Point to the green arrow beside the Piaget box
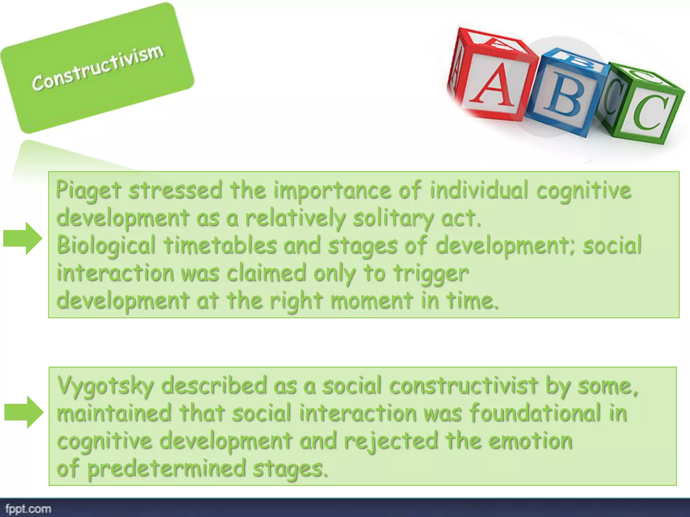tap(23, 238)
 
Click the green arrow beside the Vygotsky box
tap(24, 412)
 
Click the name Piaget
tap(88, 190)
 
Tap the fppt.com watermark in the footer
tap(28, 509)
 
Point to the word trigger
tap(431, 273)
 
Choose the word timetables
tap(220, 245)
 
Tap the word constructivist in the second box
tap(464, 385)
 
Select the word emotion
tap(530, 441)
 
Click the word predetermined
tap(166, 469)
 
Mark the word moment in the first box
tap(372, 300)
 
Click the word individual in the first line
tap(478, 190)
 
